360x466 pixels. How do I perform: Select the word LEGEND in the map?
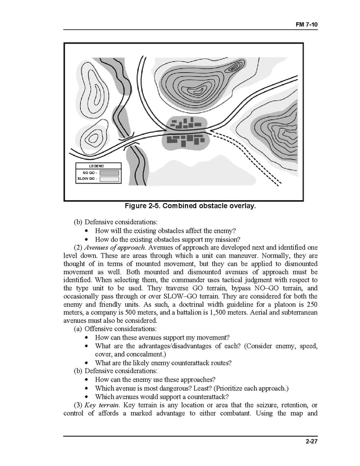point(97,166)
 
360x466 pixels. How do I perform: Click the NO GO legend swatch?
point(109,173)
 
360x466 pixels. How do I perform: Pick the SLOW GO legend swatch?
point(109,179)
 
